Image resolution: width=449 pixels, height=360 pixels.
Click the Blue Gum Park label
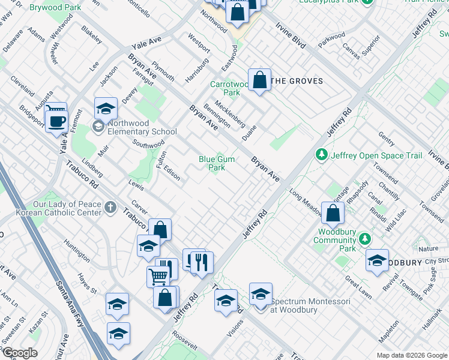(x=217, y=163)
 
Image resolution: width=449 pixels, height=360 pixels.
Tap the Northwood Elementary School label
(x=142, y=128)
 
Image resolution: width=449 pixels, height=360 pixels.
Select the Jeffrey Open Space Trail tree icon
(x=322, y=155)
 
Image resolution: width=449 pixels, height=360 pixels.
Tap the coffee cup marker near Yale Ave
(x=58, y=121)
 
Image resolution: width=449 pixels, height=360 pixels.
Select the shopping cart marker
(x=158, y=277)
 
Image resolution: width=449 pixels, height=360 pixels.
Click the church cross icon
(x=110, y=208)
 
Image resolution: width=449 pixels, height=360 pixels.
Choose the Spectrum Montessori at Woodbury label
(x=310, y=305)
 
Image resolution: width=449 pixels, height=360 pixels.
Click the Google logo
(x=20, y=352)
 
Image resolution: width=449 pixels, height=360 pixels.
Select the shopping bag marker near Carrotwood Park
(x=259, y=80)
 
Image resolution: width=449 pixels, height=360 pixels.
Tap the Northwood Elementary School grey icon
(x=98, y=125)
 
